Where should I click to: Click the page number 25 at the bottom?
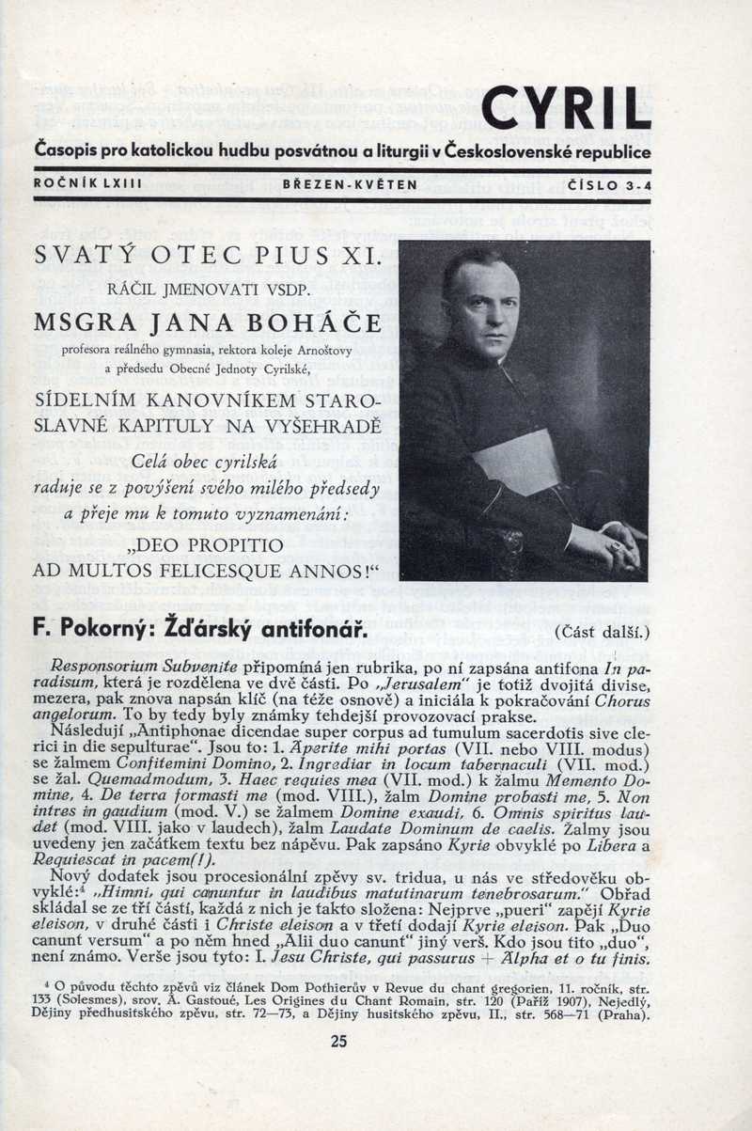coord(339,1040)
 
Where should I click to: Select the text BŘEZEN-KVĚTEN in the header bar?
coord(350,185)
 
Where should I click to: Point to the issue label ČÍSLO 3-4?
coord(608,185)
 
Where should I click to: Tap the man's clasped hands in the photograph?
coord(610,540)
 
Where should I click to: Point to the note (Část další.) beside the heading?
coord(602,631)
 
